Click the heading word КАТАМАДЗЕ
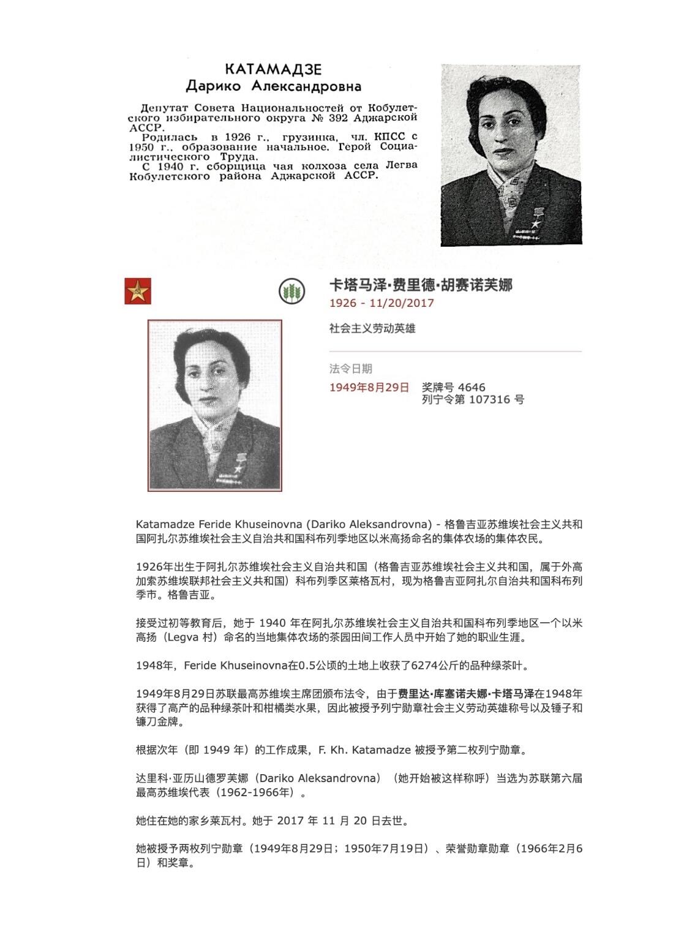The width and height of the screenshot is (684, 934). (272, 69)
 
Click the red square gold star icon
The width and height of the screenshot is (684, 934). (138, 290)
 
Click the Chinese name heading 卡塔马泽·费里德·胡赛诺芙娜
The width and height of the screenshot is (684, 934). (421, 285)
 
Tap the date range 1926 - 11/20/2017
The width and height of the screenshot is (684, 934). (381, 303)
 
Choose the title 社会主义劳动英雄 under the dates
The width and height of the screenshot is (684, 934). (372, 329)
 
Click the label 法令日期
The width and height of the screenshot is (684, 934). (350, 369)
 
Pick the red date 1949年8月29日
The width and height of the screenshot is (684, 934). (369, 388)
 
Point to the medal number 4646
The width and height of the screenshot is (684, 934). (472, 388)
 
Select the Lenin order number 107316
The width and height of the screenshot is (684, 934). (490, 400)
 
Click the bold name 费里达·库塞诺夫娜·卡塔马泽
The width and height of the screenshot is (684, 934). (466, 694)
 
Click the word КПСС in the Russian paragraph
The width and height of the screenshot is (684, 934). (389, 137)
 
